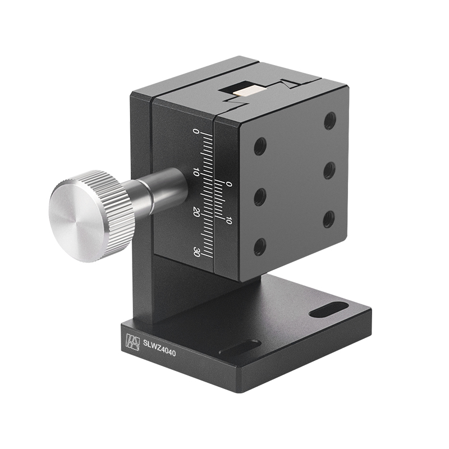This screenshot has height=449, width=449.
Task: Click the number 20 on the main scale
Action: click(196, 212)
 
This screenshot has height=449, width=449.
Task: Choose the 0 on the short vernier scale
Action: click(228, 184)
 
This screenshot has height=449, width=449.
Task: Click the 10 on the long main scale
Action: click(196, 172)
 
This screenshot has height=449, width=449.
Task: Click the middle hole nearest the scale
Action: click(260, 196)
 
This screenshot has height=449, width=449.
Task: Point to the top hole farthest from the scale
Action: click(330, 120)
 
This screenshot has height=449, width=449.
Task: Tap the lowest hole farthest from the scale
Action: click(329, 218)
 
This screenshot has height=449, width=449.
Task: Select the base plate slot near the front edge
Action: click(240, 348)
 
